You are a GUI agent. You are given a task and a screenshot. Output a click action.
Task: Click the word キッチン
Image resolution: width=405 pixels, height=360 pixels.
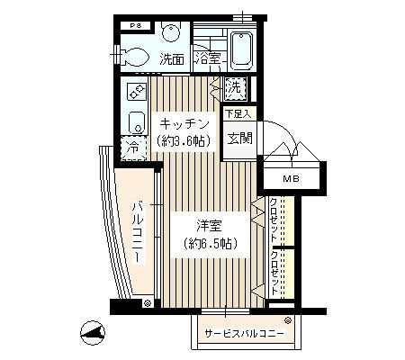[x=185, y=123]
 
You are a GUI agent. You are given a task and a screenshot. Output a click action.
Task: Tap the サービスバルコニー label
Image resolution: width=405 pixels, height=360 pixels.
[x=244, y=334]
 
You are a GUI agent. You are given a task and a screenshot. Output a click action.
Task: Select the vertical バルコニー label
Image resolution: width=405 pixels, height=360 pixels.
[x=138, y=231]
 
